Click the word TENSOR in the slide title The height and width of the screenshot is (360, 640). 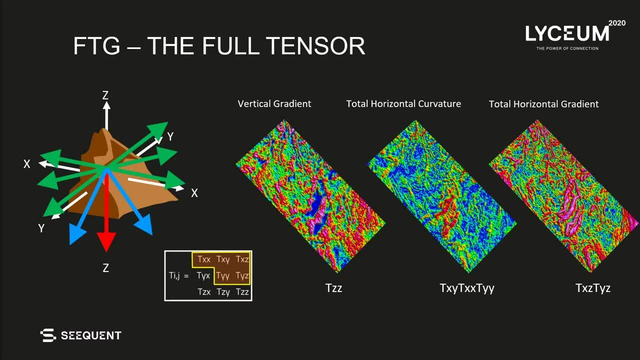pos(315,45)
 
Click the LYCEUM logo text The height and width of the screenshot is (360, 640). pos(567,33)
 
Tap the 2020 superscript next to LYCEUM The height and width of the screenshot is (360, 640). pos(617,23)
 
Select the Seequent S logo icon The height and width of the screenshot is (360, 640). pos(48,335)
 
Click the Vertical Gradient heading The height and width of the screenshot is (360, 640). pos(274,103)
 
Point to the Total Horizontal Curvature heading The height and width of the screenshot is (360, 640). pos(403,103)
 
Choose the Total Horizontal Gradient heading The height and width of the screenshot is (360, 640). pos(543,104)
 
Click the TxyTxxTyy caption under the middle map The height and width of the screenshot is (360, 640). pos(467,288)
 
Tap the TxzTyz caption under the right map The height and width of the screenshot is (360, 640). pos(593,288)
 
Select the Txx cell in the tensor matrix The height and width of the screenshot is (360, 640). pos(204,259)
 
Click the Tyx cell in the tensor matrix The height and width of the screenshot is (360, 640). pos(203,276)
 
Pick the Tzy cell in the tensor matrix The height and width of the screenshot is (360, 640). pos(223,292)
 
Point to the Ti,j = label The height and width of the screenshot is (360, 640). pos(179,276)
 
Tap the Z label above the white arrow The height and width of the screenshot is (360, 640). pos(105,95)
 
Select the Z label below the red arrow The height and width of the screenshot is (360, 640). pos(105,268)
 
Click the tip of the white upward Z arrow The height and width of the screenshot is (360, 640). pos(106,102)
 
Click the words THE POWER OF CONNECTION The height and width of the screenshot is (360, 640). pos(567,48)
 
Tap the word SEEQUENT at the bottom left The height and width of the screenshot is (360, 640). pos(91,335)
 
